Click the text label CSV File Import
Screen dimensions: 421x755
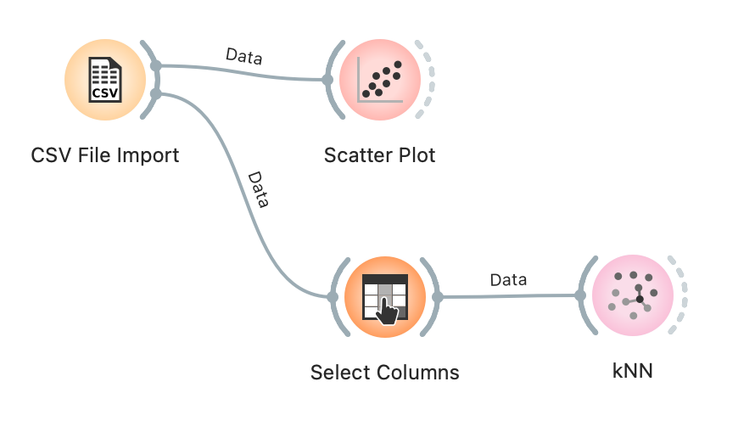coord(105,156)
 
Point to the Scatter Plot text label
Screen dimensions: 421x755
coord(380,156)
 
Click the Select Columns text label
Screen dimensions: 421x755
coord(385,372)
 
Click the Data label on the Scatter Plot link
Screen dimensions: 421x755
coord(244,57)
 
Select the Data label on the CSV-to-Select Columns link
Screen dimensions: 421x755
coord(258,191)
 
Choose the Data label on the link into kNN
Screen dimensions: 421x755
coord(508,279)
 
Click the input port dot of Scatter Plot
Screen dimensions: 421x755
coord(328,81)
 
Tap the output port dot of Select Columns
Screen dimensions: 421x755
coord(438,297)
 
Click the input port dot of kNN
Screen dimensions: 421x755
coord(580,295)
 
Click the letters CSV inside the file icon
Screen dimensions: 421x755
coord(105,92)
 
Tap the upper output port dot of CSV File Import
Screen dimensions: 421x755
coord(155,66)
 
